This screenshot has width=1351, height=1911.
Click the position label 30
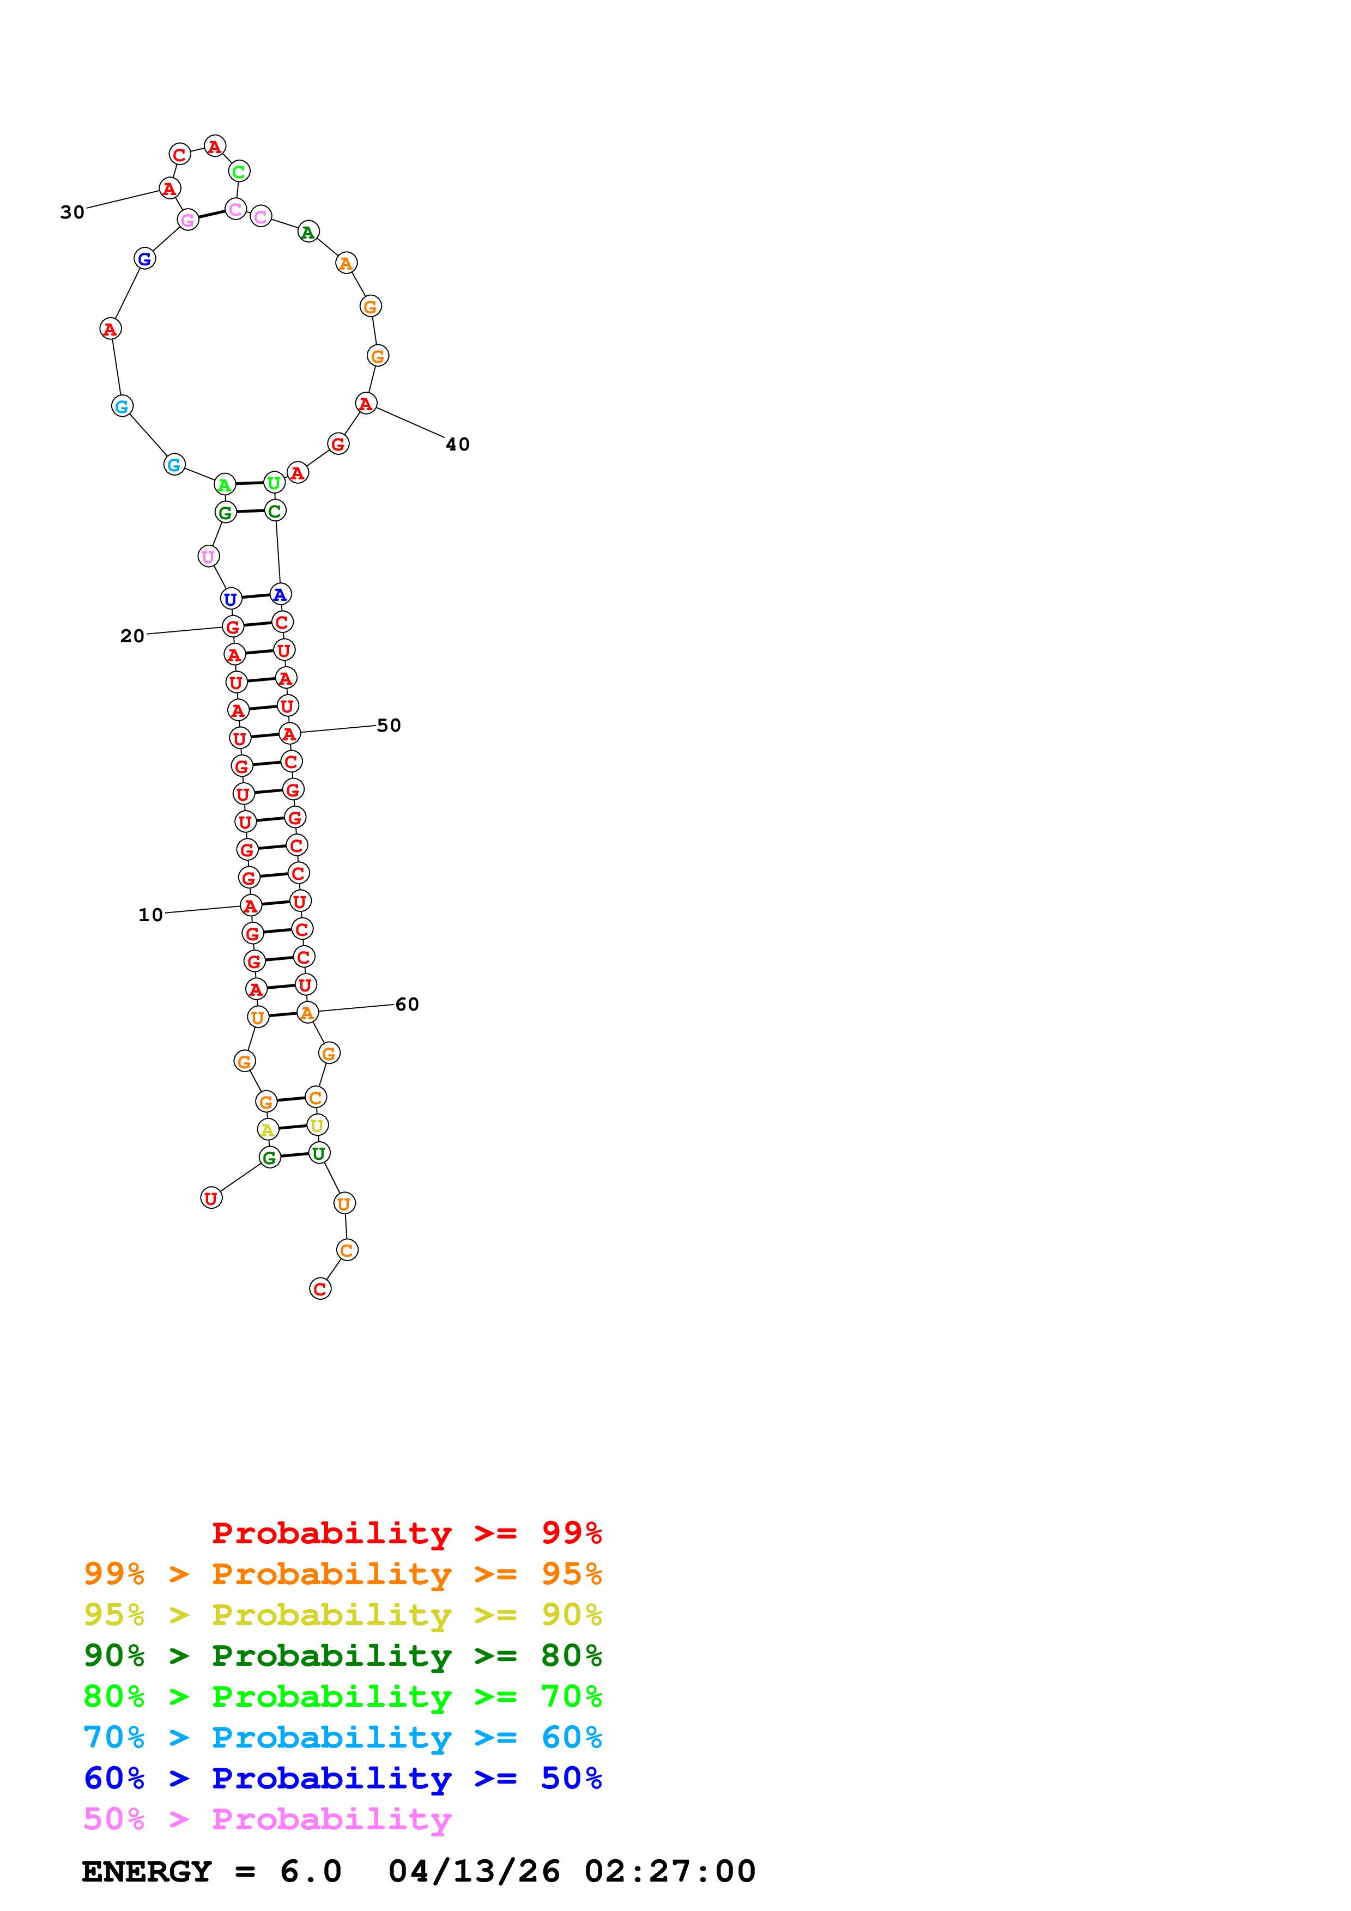tap(72, 212)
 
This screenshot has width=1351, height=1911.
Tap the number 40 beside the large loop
tap(458, 445)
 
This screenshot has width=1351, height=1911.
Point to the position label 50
tap(389, 725)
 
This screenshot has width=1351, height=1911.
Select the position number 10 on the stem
tap(150, 915)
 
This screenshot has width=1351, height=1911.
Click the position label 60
tap(407, 1004)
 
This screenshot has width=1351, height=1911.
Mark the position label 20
tap(132, 636)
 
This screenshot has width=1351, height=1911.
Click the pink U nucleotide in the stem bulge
tap(208, 556)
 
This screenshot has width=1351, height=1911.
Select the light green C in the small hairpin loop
tap(239, 172)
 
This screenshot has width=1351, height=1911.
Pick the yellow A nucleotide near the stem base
tap(267, 1129)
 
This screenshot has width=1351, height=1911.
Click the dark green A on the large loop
tap(308, 232)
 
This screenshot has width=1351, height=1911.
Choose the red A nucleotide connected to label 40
tap(366, 404)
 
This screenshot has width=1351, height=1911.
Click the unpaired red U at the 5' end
tap(211, 1198)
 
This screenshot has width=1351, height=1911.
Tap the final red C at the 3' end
tap(320, 1288)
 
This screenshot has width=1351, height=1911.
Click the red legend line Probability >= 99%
tap(406, 1532)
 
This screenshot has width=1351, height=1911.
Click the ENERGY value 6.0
tap(311, 1871)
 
